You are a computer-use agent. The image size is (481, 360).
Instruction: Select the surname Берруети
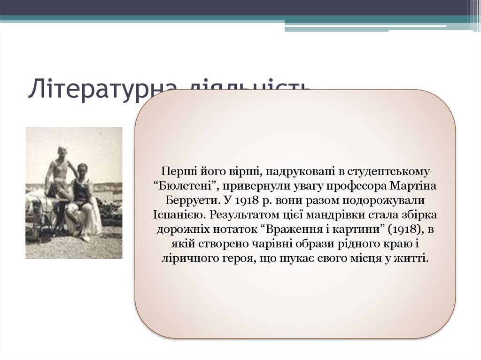coord(186,200)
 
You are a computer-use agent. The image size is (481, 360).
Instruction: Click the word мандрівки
coord(344,215)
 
